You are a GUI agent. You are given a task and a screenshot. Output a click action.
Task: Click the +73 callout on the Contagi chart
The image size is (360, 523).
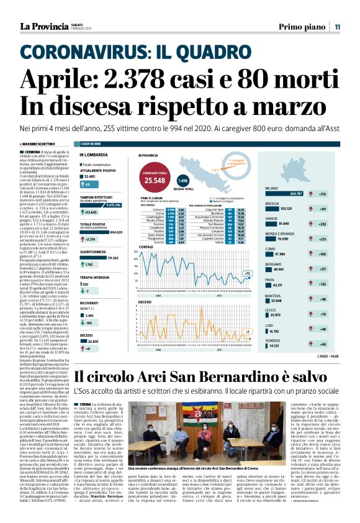247,273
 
